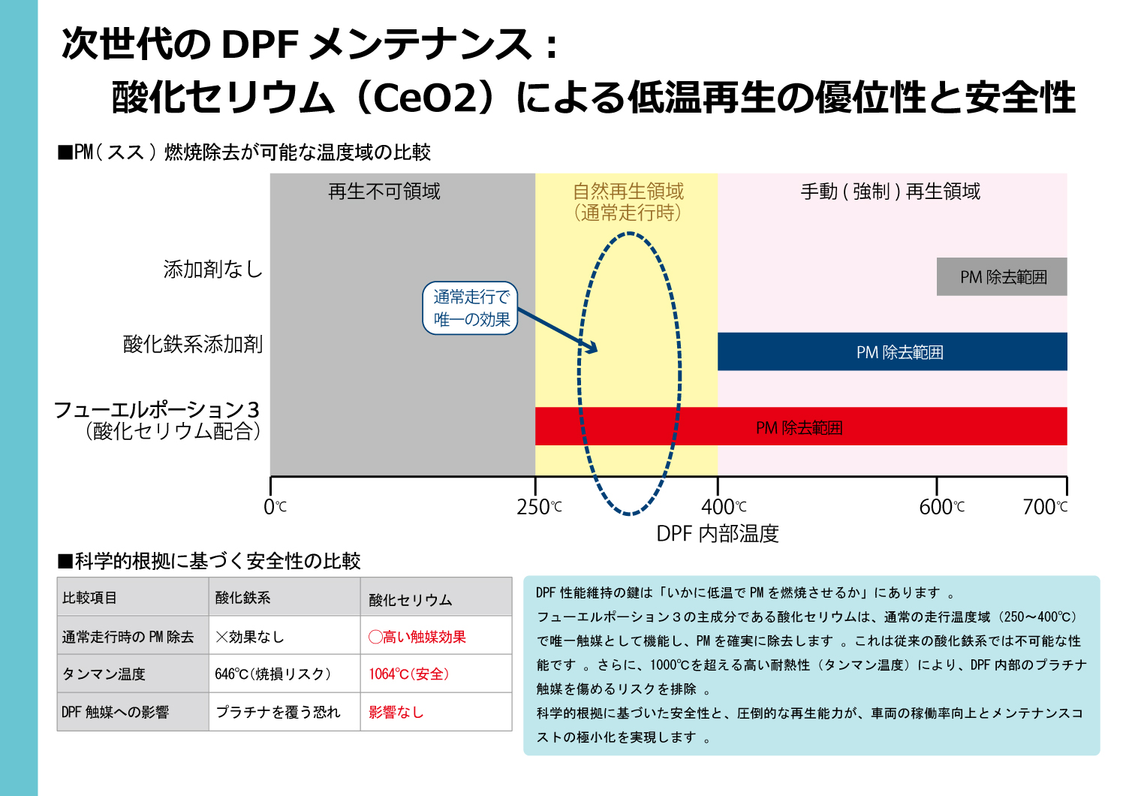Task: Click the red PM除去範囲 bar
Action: click(800, 427)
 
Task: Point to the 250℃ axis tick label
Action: click(539, 508)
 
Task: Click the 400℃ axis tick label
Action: click(724, 508)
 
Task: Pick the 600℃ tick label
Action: click(941, 508)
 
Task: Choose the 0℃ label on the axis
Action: click(275, 508)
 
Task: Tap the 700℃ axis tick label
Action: click(1045, 508)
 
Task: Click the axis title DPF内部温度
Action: click(718, 534)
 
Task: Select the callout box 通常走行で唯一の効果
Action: click(471, 308)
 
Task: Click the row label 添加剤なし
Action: click(213, 269)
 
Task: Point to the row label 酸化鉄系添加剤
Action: click(193, 345)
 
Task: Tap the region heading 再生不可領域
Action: click(384, 192)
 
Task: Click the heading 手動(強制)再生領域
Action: click(890, 192)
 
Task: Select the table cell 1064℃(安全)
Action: click(409, 674)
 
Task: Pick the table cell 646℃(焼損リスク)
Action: click(273, 674)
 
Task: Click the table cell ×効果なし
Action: click(250, 637)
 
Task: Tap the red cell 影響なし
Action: click(396, 713)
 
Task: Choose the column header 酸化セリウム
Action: click(411, 600)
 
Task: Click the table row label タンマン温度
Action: click(104, 674)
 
